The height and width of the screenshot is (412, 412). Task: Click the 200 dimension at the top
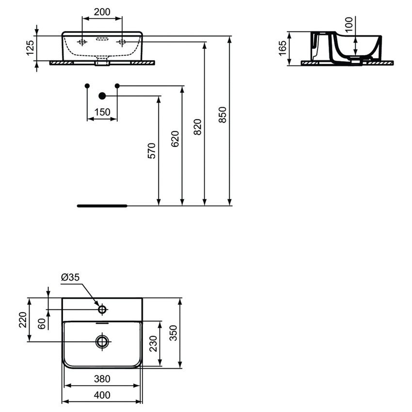102,12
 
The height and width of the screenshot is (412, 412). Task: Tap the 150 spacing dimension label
102,112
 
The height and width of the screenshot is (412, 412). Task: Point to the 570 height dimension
152,151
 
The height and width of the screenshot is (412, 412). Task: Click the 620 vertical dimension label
175,139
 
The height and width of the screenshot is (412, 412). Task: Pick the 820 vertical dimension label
198,127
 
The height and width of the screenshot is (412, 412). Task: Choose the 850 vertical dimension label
222,115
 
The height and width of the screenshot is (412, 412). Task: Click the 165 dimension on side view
283,48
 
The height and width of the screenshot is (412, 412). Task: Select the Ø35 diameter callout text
71,278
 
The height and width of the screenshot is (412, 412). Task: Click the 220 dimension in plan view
23,320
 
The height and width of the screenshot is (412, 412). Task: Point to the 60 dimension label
42,323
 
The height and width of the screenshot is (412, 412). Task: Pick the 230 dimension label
153,344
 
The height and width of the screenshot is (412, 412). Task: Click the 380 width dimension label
102,379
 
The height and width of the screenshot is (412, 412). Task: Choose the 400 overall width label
102,395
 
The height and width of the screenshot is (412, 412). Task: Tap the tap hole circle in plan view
102,309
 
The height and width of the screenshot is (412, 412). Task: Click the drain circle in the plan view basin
102,341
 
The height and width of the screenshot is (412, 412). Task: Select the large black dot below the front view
102,96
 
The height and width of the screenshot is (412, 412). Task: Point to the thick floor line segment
102,206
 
